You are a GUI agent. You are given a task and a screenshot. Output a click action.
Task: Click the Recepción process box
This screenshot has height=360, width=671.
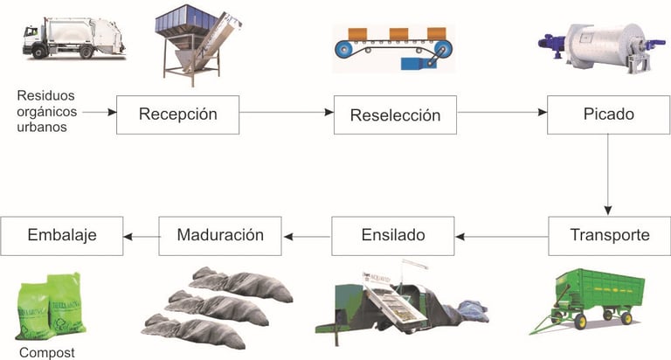[177, 114]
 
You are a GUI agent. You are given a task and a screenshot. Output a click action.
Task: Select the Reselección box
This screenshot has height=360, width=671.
[396, 114]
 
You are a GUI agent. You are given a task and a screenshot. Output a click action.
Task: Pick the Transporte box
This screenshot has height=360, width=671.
[608, 235]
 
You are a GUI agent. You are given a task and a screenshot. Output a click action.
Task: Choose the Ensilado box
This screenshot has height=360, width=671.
[392, 235]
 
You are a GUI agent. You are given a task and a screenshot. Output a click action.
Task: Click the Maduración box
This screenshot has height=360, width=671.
[220, 235]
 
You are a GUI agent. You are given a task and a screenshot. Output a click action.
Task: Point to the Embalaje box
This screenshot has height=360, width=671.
[61, 235]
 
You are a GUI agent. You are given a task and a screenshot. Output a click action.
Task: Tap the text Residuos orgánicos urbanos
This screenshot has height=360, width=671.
[49, 109]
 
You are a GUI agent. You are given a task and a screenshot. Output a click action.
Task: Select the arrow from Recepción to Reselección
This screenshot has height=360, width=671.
[287, 113]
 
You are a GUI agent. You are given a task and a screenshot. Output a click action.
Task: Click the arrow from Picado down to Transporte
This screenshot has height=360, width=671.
[608, 175]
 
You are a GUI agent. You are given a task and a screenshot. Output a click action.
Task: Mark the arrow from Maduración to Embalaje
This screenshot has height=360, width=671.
[140, 235]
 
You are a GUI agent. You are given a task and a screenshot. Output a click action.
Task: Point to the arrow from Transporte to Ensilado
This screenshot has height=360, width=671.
[502, 235]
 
